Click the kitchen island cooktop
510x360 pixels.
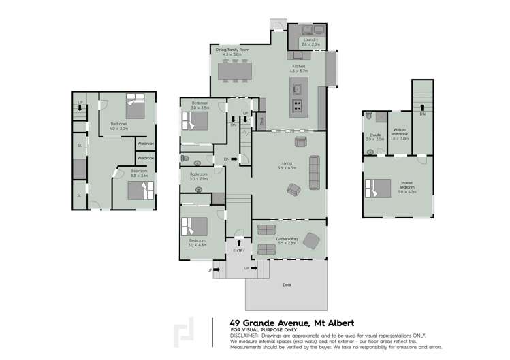(298, 105)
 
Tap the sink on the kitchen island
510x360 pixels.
(298, 88)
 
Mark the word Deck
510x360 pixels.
(287, 284)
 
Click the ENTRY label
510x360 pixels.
(238, 250)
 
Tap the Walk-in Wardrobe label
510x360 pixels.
(400, 135)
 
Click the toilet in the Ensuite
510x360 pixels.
(368, 116)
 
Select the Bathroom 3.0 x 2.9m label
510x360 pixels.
(199, 176)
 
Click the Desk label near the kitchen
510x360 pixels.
(261, 121)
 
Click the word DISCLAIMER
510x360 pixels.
(244, 336)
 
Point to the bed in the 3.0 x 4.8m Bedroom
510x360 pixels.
(194, 226)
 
